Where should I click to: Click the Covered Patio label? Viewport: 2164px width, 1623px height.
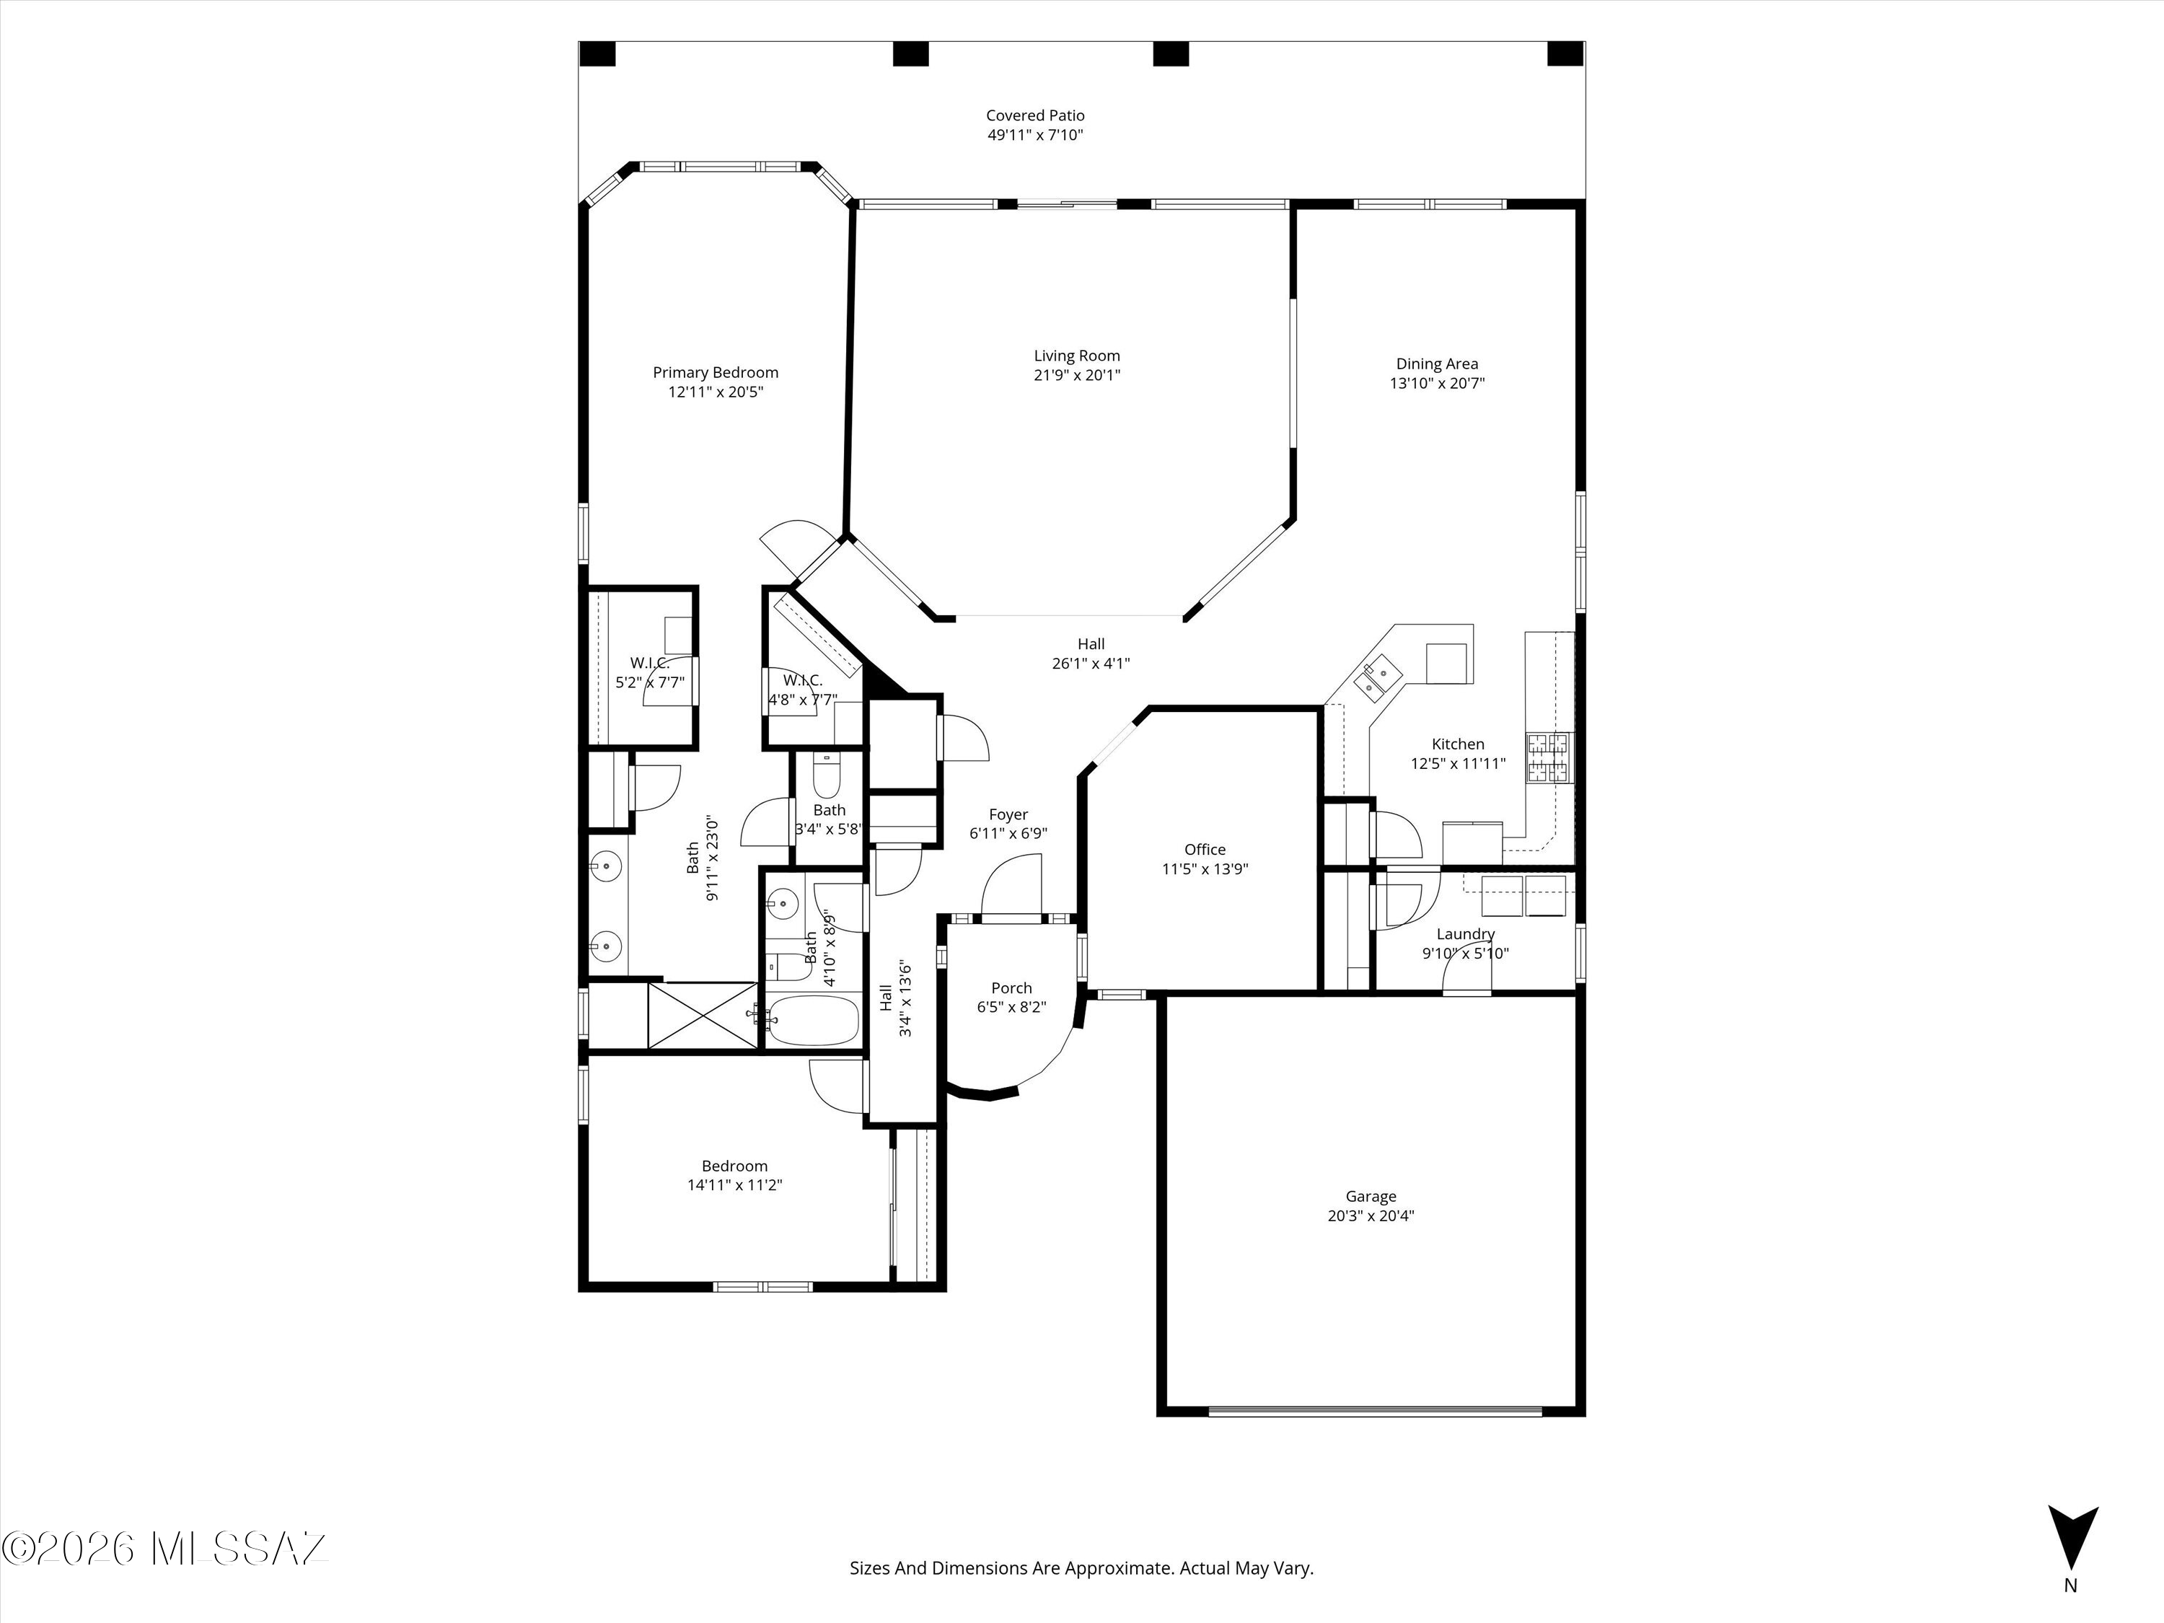[1035, 115]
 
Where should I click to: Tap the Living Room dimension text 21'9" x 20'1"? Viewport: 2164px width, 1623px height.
[1076, 374]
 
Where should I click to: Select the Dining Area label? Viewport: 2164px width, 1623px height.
[1437, 364]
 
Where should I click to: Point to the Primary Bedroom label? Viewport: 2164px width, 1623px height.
[715, 373]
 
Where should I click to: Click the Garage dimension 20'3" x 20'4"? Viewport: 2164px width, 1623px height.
[1371, 1216]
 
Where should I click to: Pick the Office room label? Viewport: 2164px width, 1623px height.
[1205, 849]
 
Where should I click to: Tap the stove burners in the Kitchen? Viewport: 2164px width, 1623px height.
[1549, 758]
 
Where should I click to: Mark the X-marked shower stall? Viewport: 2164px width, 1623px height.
[703, 1016]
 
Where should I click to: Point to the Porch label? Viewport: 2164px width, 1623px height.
[1011, 988]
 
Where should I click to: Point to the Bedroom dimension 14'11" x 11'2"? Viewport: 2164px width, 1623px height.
[735, 1184]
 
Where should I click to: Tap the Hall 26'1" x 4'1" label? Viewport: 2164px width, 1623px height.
[1091, 654]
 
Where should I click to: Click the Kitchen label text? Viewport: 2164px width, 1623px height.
[1458, 744]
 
